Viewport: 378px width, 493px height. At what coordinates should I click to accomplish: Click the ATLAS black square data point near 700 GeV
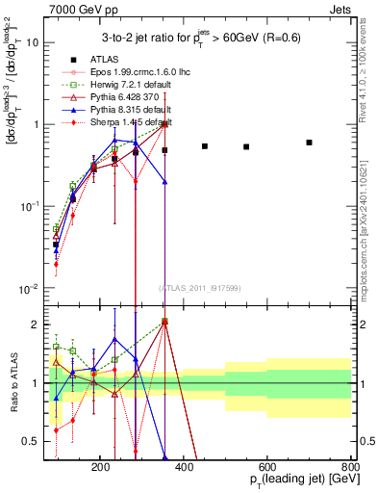[x=309, y=143]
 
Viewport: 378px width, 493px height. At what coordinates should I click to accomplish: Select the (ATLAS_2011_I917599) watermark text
[x=200, y=288]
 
